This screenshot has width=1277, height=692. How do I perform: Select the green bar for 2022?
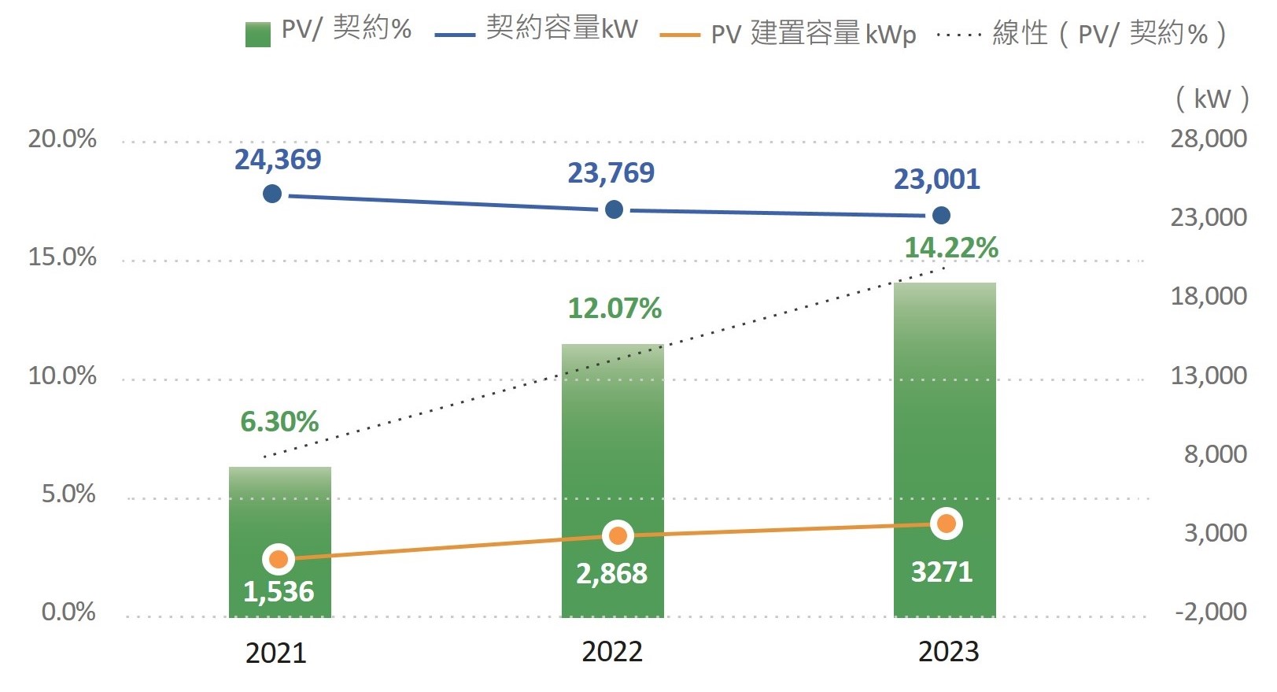point(612,480)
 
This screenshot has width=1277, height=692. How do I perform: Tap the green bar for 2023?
point(944,450)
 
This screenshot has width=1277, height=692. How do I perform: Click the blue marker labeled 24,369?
point(272,194)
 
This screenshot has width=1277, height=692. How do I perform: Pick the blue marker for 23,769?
point(614,209)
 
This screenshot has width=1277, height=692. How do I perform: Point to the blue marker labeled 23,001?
point(941,215)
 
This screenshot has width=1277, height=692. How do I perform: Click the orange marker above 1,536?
point(279,559)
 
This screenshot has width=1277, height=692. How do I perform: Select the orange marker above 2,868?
point(618,536)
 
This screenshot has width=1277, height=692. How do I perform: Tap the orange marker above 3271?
point(947,524)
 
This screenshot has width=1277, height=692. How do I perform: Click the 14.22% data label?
point(951,248)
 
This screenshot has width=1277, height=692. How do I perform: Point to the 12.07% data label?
point(615,308)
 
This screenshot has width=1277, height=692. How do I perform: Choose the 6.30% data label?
point(279,422)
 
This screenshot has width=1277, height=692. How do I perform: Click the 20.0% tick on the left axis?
point(62,139)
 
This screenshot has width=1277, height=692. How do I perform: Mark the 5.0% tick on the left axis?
point(68,494)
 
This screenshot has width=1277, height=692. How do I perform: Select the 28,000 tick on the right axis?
point(1209,139)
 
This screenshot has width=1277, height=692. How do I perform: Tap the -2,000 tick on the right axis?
point(1210,611)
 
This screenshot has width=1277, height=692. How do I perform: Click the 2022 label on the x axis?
point(612,652)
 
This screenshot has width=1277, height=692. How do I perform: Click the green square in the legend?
point(258,35)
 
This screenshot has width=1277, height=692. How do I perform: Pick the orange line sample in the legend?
point(680,35)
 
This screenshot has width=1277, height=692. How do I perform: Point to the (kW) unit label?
point(1212,98)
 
